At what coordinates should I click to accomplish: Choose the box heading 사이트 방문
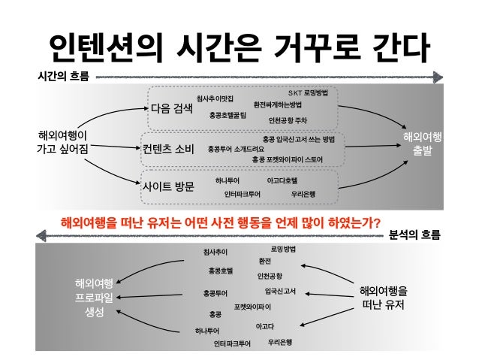click(x=168, y=186)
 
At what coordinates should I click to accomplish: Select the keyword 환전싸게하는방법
click(x=278, y=104)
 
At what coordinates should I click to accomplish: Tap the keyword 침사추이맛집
click(x=215, y=98)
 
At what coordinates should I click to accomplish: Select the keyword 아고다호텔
click(x=282, y=181)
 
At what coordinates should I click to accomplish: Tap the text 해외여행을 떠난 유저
click(x=384, y=298)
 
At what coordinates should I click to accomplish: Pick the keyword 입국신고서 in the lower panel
click(x=280, y=290)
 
